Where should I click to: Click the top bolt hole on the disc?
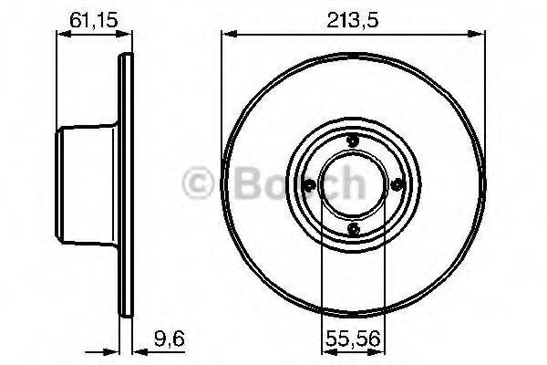pos(352,140)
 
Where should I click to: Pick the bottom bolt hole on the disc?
pos(352,228)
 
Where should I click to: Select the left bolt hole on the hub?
pos(308,184)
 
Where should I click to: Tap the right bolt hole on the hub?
pos(397,184)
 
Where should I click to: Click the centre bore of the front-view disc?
pos(352,184)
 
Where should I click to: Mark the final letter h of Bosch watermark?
pos(350,182)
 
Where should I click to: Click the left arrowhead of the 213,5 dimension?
pos(228,35)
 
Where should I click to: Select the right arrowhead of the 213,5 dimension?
pos(477,35)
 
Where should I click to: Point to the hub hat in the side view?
pos(87,183)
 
